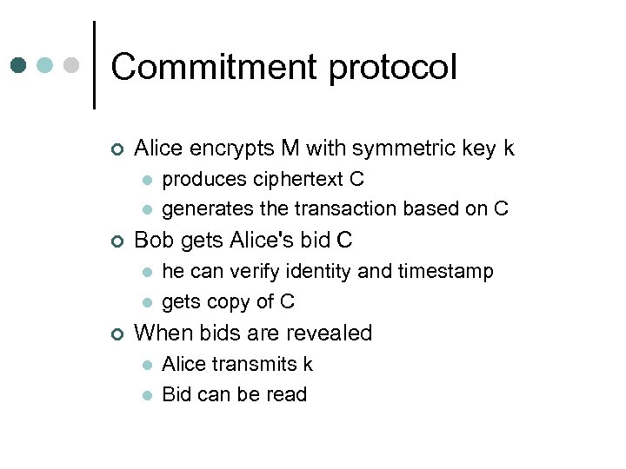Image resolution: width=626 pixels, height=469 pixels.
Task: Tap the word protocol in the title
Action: pyautogui.click(x=388, y=68)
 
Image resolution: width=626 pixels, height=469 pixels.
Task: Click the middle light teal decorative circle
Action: pyautogui.click(x=46, y=65)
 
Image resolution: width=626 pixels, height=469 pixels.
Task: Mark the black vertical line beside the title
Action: pyautogui.click(x=94, y=64)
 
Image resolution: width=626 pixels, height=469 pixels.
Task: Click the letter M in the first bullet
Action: pyautogui.click(x=290, y=149)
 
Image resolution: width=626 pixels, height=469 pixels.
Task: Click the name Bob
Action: pyautogui.click(x=154, y=241)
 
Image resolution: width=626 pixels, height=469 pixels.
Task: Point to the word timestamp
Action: pyautogui.click(x=445, y=272)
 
